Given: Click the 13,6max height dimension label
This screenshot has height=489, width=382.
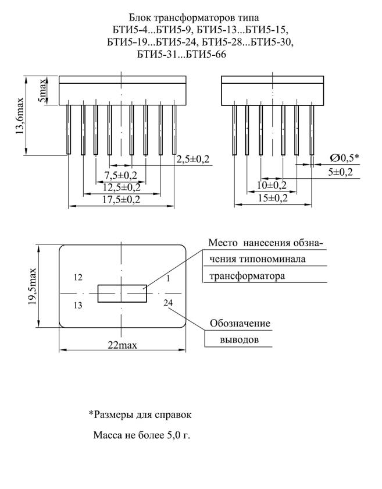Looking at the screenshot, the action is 20,116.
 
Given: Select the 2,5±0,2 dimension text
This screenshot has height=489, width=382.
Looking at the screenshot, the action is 193,159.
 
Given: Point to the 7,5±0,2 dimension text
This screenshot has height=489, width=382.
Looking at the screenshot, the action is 120,175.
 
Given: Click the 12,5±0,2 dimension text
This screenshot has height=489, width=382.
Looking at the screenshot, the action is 122,187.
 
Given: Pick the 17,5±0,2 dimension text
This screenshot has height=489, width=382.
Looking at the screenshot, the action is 121,199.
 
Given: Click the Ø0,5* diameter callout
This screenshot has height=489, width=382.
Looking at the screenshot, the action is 345,158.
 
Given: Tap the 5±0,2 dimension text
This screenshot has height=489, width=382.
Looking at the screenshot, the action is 340,172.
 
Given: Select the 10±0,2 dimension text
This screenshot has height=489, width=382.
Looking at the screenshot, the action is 272,185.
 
